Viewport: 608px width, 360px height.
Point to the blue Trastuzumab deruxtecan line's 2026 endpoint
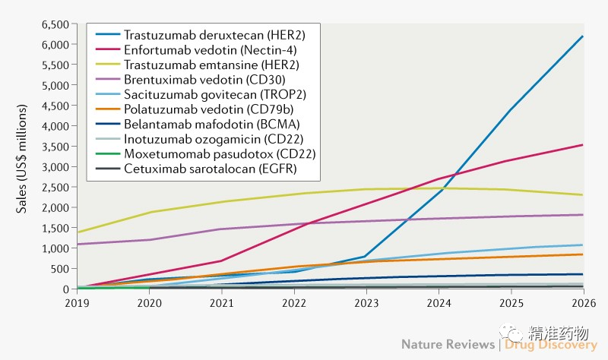[x=583, y=36]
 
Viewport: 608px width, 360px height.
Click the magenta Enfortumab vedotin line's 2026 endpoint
[x=583, y=145]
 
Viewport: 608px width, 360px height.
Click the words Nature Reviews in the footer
[x=448, y=345]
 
